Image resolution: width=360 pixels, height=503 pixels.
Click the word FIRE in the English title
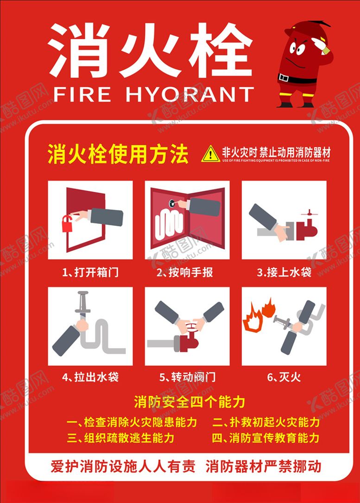pyautogui.click(x=82, y=95)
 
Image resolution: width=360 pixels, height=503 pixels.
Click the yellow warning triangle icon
pyautogui.click(x=210, y=154)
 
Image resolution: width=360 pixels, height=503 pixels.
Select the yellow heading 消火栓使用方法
pyautogui.click(x=118, y=154)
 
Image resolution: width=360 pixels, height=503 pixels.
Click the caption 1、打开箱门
pyautogui.click(x=90, y=272)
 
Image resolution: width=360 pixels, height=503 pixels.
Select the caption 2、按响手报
pyautogui.click(x=185, y=272)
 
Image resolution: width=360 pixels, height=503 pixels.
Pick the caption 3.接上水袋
pyautogui.click(x=284, y=272)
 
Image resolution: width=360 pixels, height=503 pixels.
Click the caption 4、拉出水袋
pyautogui.click(x=90, y=377)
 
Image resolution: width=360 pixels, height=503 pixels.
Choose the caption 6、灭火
pyautogui.click(x=284, y=377)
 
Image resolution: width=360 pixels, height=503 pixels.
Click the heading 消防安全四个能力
pyautogui.click(x=189, y=401)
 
